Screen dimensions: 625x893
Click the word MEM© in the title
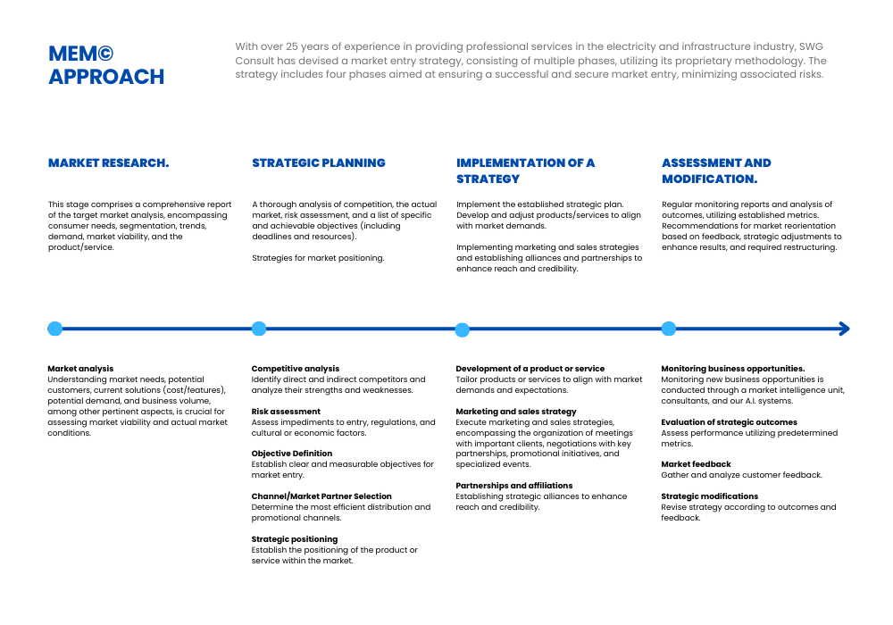point(81,54)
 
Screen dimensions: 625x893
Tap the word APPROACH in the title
point(106,77)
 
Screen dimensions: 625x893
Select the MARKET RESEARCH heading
point(108,163)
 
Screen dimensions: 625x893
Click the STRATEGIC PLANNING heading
point(319,163)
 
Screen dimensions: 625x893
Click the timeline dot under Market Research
point(55,329)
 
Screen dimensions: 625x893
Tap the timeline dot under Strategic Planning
point(259,329)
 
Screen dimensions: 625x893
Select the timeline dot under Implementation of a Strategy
point(462,329)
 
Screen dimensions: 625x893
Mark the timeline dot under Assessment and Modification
point(669,329)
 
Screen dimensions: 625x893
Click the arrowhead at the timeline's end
point(844,329)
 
